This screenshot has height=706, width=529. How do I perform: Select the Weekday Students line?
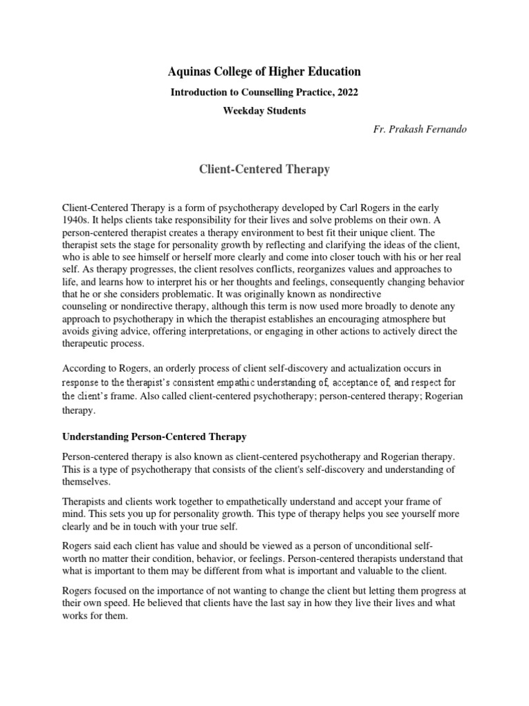point(264,111)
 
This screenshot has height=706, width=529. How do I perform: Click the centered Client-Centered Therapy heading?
point(264,170)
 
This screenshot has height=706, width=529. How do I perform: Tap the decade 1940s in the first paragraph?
point(77,220)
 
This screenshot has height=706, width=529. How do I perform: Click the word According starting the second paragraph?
point(85,369)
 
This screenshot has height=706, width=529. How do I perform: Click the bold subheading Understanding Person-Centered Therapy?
point(154,437)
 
